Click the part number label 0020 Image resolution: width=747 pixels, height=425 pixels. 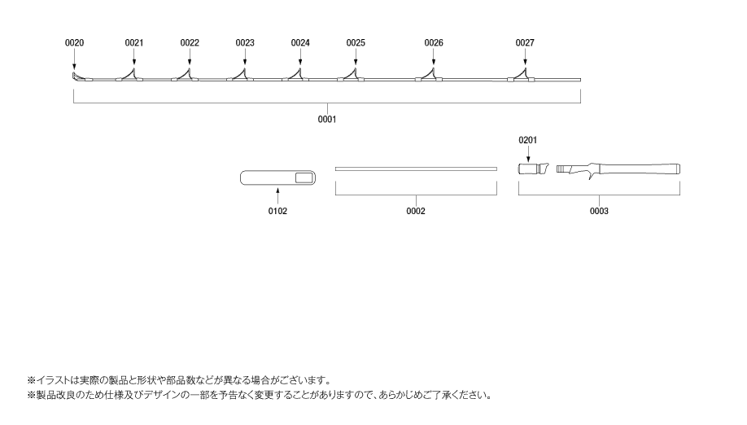tap(74, 43)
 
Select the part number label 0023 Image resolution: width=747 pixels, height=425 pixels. tap(245, 43)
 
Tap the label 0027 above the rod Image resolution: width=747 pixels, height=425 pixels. tap(525, 43)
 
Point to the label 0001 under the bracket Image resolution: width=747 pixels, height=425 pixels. tap(327, 119)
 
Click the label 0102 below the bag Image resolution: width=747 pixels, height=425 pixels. tap(277, 211)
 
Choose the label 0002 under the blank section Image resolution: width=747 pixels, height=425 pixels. tap(416, 211)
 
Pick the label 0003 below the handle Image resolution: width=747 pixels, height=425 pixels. tap(599, 211)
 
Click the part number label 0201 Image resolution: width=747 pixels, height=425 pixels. tap(528, 140)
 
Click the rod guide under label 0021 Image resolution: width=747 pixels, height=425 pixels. tap(131, 75)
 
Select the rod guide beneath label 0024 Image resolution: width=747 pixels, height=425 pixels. tap(297, 75)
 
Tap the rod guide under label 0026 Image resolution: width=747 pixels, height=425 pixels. tap(430, 75)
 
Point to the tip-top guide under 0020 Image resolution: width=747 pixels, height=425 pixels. tap(74, 77)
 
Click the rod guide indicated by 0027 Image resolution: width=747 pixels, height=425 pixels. tap(522, 75)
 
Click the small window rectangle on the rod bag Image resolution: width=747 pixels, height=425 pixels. tap(305, 178)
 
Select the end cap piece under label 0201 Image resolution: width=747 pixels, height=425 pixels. tap(534, 169)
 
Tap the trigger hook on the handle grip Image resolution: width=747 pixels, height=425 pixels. tap(592, 175)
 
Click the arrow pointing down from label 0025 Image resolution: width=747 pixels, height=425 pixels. tap(356, 57)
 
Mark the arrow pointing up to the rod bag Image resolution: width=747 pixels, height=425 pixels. tap(277, 196)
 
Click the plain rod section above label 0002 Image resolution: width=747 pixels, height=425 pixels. tap(416, 169)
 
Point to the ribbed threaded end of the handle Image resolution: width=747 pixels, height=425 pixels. tap(564, 169)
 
